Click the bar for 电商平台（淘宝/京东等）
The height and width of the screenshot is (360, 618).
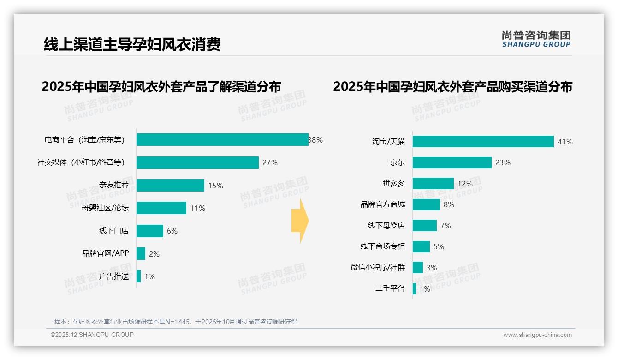point(222,140)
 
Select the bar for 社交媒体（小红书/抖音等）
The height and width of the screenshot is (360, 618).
point(197,162)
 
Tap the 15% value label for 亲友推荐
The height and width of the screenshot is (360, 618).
point(215,186)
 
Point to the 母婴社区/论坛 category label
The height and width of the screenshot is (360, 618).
point(105,208)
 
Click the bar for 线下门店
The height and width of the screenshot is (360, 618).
point(150,231)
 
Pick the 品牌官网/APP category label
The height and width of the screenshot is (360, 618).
point(106,253)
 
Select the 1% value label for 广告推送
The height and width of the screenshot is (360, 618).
point(149,276)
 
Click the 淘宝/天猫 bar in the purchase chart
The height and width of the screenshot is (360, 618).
point(483,142)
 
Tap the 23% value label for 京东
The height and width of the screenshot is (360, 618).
point(503,162)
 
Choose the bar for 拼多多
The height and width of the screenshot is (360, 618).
point(433,184)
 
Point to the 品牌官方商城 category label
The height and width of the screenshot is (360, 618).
point(383,204)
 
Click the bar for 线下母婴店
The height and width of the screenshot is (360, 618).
point(424,226)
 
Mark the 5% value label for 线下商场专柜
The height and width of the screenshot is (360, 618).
point(439,247)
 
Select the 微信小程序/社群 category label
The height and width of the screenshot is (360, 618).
point(378,268)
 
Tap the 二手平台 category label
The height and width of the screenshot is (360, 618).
point(390,289)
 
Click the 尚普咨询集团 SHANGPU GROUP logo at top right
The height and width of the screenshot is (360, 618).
point(536,39)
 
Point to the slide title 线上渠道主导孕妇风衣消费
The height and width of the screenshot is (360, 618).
point(132,44)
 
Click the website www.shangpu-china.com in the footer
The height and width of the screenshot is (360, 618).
point(537,335)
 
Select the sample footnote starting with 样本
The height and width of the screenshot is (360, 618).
point(176,322)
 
